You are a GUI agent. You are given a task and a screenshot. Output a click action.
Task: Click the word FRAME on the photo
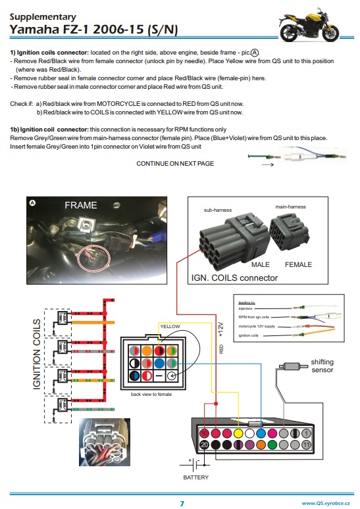click(80, 205)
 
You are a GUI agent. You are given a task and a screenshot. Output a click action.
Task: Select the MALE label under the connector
click(261, 264)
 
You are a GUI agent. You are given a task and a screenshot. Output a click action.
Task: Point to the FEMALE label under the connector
click(298, 264)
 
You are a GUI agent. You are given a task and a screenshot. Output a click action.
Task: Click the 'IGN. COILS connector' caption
click(234, 278)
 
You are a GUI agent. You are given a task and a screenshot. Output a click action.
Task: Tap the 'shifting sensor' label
click(322, 366)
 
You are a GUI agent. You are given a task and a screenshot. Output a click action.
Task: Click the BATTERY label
click(195, 478)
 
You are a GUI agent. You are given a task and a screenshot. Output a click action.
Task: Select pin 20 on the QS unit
click(205, 445)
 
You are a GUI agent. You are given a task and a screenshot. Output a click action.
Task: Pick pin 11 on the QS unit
click(307, 445)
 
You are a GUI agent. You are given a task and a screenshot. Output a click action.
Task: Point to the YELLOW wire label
click(169, 327)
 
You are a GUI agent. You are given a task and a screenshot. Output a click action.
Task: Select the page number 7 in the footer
click(182, 503)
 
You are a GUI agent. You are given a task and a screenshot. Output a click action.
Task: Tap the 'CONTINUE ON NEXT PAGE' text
click(175, 163)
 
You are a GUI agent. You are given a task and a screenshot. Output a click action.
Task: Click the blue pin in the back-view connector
click(159, 363)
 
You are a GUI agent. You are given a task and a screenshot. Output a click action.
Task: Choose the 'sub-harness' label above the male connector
click(215, 210)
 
